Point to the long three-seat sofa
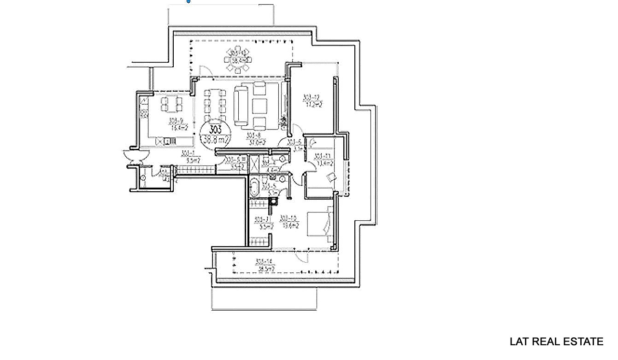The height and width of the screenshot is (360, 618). [x=241, y=106]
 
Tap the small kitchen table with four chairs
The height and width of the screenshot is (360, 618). [x=171, y=104]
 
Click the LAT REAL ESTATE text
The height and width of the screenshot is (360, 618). [x=556, y=342]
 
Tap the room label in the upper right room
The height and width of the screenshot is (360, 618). [x=312, y=100]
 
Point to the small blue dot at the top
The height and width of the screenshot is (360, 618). [x=188, y=1]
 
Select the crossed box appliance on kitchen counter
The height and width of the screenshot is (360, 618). [x=160, y=142]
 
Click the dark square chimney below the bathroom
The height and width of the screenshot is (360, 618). [x=275, y=201]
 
